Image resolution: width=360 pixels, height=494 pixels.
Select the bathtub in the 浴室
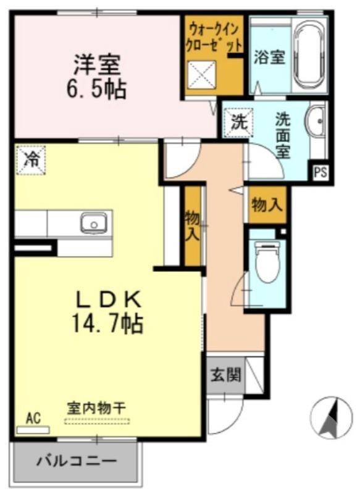pos(311,56)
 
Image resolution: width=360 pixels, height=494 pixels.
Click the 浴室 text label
pos(269,57)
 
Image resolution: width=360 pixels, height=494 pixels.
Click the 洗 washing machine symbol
pos(238,121)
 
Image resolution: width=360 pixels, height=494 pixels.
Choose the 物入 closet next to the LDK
pos(193,225)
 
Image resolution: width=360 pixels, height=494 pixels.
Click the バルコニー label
pos(75,461)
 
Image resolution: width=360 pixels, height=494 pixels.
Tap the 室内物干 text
pos(97,409)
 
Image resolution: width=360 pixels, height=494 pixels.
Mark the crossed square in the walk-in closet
pos(201,77)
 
